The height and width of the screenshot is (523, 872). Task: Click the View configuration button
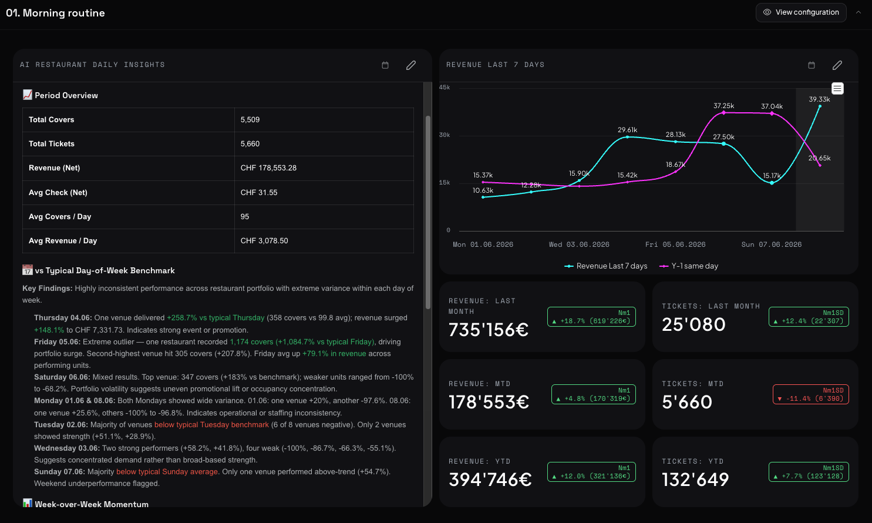click(x=801, y=12)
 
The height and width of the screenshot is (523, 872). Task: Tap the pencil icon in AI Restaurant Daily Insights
click(x=410, y=65)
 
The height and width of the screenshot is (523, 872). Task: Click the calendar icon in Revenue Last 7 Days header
click(x=812, y=65)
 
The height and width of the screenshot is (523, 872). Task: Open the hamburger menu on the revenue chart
click(x=837, y=89)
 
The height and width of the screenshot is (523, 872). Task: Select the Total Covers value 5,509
click(x=250, y=120)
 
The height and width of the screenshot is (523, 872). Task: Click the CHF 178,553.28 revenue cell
click(x=268, y=168)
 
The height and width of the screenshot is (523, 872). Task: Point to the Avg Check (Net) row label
click(x=58, y=193)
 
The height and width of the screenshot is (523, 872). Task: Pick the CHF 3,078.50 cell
click(x=264, y=241)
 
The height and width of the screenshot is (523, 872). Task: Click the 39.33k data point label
click(x=819, y=99)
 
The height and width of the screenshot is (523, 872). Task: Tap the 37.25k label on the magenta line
click(x=723, y=106)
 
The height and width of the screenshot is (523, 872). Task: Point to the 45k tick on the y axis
click(x=445, y=88)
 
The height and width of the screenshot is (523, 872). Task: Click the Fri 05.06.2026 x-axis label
click(x=675, y=244)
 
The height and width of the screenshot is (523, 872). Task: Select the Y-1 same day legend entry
click(x=689, y=266)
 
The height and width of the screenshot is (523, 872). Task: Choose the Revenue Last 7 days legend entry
click(x=606, y=266)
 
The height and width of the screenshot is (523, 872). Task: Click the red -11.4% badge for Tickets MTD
click(x=810, y=394)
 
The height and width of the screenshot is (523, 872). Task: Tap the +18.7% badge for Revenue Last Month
click(x=591, y=317)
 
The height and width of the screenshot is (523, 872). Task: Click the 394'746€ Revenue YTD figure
click(x=490, y=480)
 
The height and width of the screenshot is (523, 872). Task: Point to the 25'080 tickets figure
click(x=693, y=324)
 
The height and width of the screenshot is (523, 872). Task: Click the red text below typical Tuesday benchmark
click(x=211, y=425)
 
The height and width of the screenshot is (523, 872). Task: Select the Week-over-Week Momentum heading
click(x=92, y=504)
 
